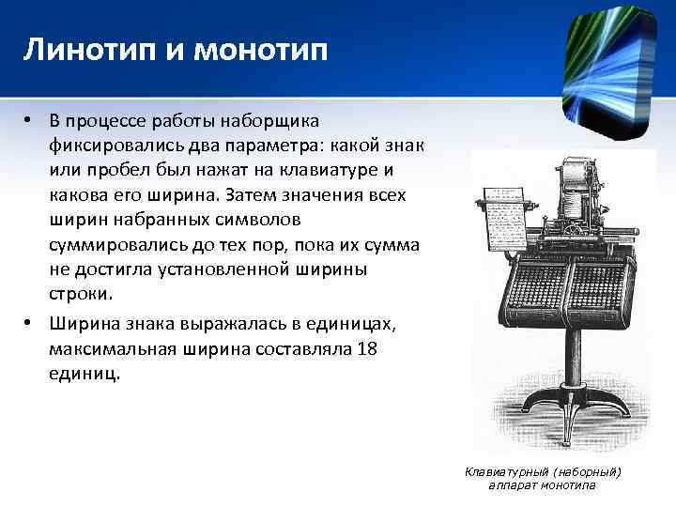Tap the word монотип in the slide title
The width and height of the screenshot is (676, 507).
coord(260,50)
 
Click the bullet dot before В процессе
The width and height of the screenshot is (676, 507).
coord(30,120)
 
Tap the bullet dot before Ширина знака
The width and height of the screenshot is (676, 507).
coord(30,323)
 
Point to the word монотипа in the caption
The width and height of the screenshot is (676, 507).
coord(567,484)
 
